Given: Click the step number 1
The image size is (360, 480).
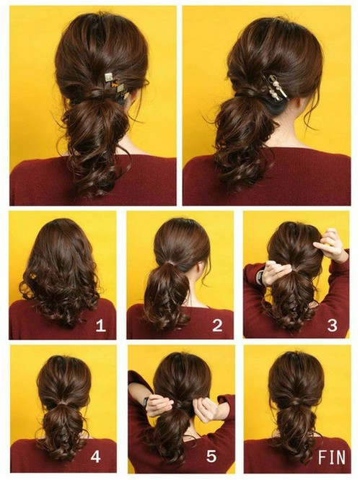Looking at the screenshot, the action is (x=100, y=326).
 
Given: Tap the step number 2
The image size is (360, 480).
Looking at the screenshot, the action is (x=217, y=326).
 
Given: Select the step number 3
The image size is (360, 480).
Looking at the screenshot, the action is (x=332, y=326).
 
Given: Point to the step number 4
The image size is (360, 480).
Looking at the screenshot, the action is (x=95, y=457).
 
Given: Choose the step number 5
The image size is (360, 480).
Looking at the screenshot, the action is (x=211, y=456).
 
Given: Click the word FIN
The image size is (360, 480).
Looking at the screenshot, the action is (x=332, y=457).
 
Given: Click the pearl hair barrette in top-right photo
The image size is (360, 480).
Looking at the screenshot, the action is (x=274, y=87).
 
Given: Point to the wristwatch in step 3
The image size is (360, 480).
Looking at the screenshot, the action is (x=260, y=277).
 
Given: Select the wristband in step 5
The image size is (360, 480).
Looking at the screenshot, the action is (x=146, y=401).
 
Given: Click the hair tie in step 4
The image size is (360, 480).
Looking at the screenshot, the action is (x=63, y=404).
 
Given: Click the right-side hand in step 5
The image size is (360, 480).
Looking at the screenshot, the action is (x=206, y=409).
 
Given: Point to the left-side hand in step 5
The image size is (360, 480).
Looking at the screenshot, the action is (x=159, y=405).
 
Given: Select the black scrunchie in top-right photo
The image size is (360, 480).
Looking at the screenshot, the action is (x=278, y=105).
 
